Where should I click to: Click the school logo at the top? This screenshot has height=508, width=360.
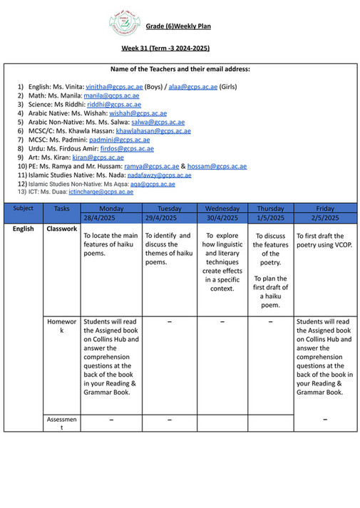pos(124,24)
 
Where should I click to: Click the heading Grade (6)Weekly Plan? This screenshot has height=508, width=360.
pos(178,26)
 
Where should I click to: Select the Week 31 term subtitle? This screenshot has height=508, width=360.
pos(165,48)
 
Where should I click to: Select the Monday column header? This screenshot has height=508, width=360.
pos(111,208)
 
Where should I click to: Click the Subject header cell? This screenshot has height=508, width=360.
pos(24,208)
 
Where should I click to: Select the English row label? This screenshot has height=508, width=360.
pos(24,229)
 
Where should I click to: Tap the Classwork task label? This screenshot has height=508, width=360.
pos(61,229)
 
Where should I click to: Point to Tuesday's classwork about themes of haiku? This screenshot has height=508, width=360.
pos(169,249)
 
